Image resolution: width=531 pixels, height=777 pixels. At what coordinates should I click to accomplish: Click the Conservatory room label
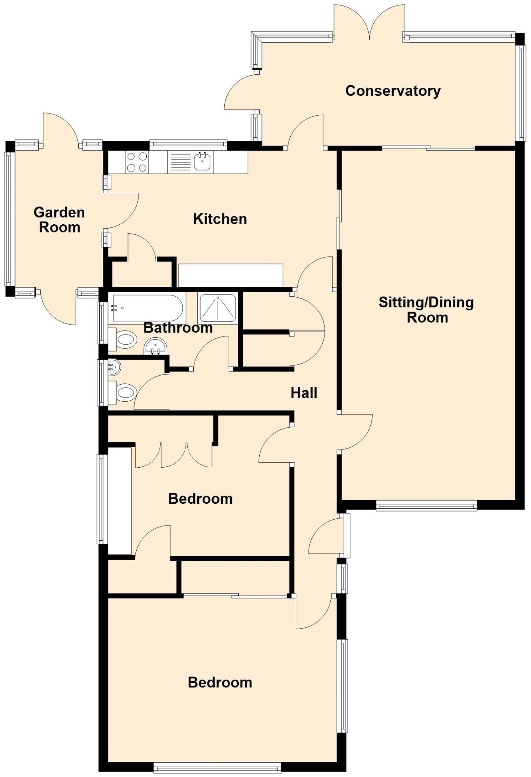(x=393, y=91)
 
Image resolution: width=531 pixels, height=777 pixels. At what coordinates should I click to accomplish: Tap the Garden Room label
(x=59, y=220)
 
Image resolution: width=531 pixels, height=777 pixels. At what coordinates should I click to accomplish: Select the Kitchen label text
(x=220, y=219)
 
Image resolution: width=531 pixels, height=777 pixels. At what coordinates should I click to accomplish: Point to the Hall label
(x=304, y=393)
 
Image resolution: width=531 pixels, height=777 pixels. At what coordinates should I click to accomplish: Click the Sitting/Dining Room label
(x=426, y=310)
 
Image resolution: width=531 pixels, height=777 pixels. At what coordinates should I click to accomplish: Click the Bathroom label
(x=178, y=328)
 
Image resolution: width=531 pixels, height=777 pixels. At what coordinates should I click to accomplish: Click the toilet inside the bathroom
(x=125, y=340)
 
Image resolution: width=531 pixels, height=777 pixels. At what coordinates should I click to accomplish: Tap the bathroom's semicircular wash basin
(x=156, y=346)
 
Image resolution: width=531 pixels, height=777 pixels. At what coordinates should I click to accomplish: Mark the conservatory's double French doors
(x=369, y=23)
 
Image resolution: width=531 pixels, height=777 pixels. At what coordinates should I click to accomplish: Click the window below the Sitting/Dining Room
(x=426, y=505)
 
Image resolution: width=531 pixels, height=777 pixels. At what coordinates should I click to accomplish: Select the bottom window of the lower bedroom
(x=217, y=767)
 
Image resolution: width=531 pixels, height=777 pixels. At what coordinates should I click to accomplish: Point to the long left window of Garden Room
(x=8, y=219)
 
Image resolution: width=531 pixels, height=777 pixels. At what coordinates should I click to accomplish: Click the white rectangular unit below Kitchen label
(x=231, y=275)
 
